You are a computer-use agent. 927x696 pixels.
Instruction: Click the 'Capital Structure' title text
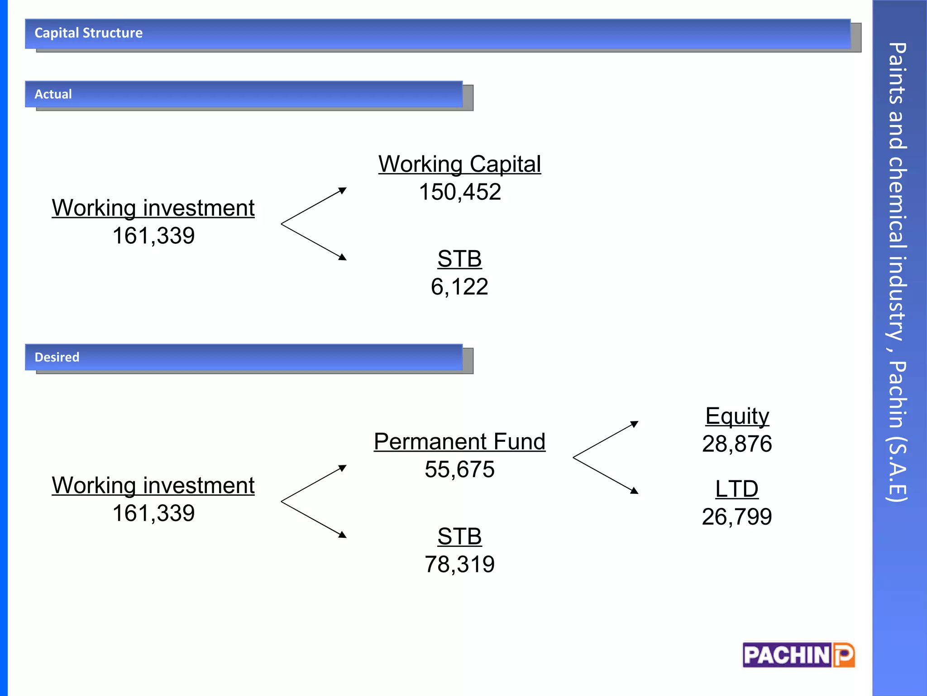(x=88, y=33)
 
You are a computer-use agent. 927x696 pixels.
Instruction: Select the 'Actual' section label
(x=53, y=94)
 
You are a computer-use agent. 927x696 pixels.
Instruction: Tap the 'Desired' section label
(x=57, y=357)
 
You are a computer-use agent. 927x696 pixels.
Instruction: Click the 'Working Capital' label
(x=459, y=164)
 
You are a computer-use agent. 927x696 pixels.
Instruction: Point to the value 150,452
(x=459, y=192)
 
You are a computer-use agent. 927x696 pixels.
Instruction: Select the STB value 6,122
(x=459, y=287)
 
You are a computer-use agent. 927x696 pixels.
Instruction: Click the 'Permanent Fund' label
(x=459, y=442)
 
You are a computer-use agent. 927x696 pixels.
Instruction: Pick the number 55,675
(x=459, y=469)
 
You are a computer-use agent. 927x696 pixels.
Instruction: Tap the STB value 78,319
(x=459, y=565)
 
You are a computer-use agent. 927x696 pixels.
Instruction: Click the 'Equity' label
(x=737, y=416)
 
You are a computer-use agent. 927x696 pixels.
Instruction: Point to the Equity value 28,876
(x=737, y=444)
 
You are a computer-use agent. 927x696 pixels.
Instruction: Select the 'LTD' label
(x=737, y=489)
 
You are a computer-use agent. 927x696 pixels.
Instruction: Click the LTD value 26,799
(x=737, y=517)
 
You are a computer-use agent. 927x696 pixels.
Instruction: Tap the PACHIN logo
(x=798, y=655)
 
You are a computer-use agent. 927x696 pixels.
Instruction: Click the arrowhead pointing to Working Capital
(x=343, y=190)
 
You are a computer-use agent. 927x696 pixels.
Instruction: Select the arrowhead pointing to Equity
(x=635, y=424)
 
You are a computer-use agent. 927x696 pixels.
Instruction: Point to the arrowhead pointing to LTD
(x=635, y=491)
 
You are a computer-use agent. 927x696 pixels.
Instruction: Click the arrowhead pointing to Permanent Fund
(x=343, y=468)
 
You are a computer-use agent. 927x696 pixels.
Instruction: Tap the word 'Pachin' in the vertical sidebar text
(x=897, y=394)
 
